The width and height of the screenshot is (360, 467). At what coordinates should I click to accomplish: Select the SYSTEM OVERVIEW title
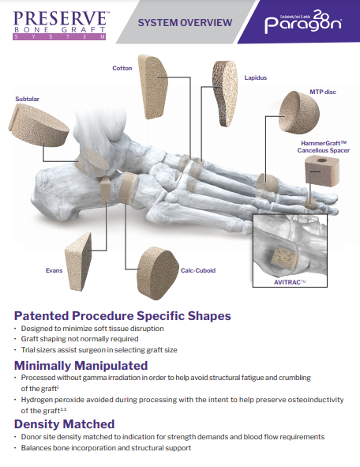coord(185,22)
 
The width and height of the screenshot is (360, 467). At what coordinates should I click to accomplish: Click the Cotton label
coord(122,68)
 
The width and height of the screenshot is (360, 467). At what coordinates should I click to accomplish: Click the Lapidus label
coord(255,78)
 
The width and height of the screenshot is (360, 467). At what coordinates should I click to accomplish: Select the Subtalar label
coord(27,100)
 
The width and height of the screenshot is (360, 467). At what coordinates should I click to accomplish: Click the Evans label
coord(54,269)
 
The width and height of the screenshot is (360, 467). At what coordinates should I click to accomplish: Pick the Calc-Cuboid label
coord(197,270)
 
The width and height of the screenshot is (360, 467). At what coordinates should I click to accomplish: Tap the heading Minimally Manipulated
coord(81,365)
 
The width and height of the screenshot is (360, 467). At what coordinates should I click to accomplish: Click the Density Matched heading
coord(65,424)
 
